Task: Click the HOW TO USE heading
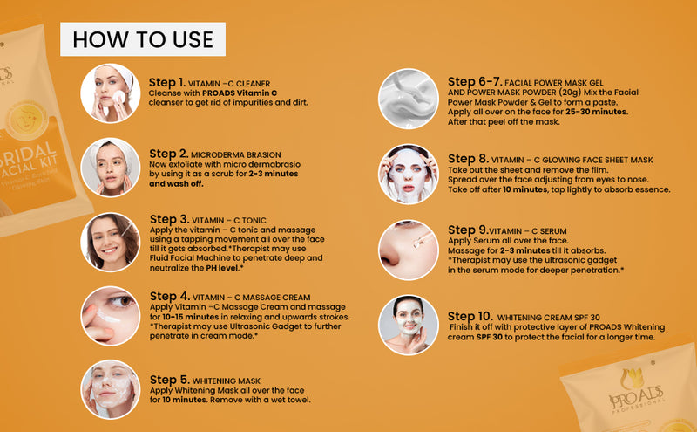143,39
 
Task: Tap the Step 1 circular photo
110,93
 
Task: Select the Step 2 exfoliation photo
110,167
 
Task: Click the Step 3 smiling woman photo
110,241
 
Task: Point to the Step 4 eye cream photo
110,315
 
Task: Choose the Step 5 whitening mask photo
110,389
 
